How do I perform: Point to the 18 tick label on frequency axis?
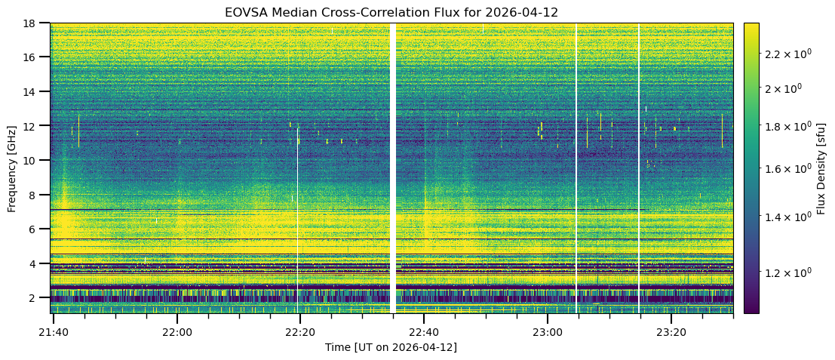coord(35,23)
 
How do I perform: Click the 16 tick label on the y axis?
coord(35,57)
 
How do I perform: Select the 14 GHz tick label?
coord(35,91)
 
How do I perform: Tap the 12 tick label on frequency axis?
coord(35,126)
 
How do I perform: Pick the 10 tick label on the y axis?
coord(35,160)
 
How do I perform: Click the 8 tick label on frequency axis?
coord(38,195)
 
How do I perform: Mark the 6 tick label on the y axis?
coord(38,229)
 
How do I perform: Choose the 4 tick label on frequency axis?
coord(38,263)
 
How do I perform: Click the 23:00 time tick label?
coord(547,331)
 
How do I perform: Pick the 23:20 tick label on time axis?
coord(671,331)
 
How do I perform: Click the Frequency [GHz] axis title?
coord(12,168)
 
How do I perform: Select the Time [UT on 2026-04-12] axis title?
coord(391,347)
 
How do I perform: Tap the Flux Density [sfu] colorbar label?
coord(821,168)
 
